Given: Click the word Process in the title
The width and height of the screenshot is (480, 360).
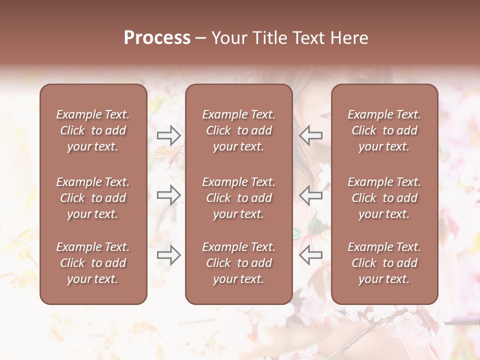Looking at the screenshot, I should coord(157,38).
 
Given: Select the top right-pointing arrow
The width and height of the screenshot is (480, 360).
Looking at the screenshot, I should coord(168,135).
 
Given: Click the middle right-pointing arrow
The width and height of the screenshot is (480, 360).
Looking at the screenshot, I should coord(168,195).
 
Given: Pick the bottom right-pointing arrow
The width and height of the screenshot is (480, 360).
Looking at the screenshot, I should coord(168,255).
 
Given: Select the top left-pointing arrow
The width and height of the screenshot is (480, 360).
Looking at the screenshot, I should coord(311,135).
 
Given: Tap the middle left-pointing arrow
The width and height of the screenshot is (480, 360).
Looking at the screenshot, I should coord(311,195).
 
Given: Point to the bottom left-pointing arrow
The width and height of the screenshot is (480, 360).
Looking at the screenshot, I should coord(311,255).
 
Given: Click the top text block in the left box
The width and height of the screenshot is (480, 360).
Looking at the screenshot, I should coord(93,130).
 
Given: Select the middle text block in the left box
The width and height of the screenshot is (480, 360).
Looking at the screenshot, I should coord(93,198).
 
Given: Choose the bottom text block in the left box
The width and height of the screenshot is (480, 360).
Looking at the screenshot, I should coord(93,263).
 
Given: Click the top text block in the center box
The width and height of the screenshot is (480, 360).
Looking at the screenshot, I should coord(238,130).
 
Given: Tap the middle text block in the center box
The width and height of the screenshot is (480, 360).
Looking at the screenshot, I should coord(238,198).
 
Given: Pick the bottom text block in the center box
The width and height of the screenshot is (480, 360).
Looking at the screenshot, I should coord(238,263).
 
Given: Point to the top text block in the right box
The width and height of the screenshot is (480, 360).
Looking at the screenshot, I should coord(384,130).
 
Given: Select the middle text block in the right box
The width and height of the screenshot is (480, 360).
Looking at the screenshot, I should coord(384,198).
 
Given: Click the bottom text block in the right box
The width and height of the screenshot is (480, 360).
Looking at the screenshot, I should coord(384,263).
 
